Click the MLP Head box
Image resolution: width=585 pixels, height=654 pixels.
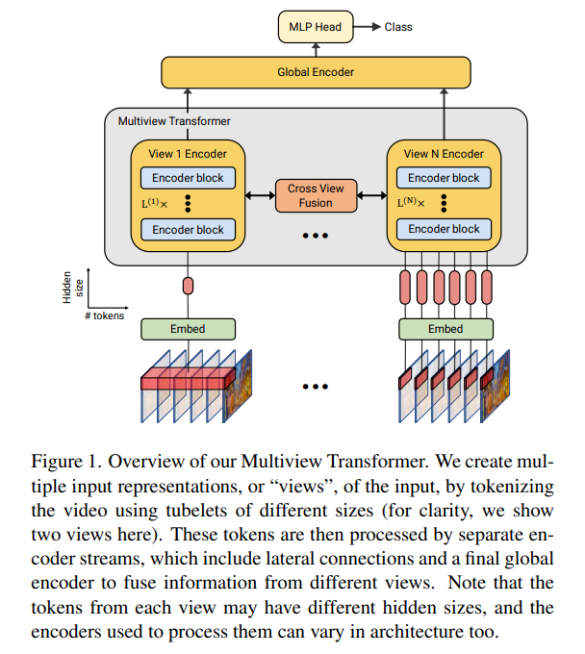pyautogui.click(x=316, y=27)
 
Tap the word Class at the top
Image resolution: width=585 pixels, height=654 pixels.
pyautogui.click(x=398, y=27)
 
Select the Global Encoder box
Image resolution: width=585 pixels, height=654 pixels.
pyautogui.click(x=316, y=72)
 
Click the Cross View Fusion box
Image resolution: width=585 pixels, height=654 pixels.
pyautogui.click(x=316, y=196)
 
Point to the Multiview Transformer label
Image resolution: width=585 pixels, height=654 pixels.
pyautogui.click(x=173, y=121)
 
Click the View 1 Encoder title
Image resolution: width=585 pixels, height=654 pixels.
pyautogui.click(x=188, y=154)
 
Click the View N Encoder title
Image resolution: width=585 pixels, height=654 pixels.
pyautogui.click(x=444, y=154)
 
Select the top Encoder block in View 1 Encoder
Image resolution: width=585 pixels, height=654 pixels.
pyautogui.click(x=188, y=178)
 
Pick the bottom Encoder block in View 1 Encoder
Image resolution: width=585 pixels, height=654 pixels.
pyautogui.click(x=188, y=230)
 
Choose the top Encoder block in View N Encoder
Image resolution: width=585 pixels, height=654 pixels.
pyautogui.click(x=444, y=178)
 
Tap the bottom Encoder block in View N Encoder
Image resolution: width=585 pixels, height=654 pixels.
pyautogui.click(x=444, y=229)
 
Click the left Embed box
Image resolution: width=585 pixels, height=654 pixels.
pyautogui.click(x=188, y=329)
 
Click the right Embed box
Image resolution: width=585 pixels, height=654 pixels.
pyautogui.click(x=445, y=329)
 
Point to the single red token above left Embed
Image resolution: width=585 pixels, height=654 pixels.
pyautogui.click(x=188, y=286)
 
